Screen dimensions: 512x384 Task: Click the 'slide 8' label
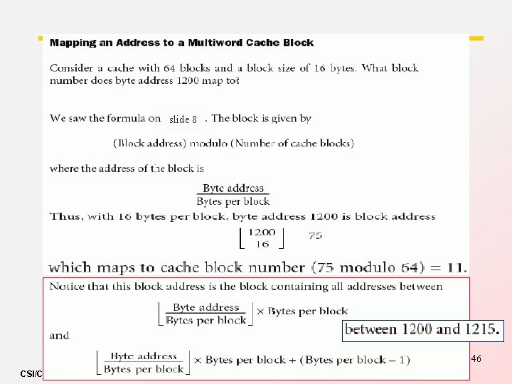(x=183, y=119)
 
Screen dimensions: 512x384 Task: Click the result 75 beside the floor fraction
(x=315, y=235)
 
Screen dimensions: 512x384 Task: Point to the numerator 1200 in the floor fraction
(x=262, y=232)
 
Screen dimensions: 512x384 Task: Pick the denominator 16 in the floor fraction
(x=262, y=244)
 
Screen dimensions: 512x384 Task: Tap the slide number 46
(x=476, y=359)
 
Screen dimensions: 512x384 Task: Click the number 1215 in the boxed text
(x=479, y=329)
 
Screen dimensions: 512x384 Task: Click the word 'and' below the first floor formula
(x=59, y=335)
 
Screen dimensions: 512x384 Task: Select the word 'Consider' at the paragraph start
(x=73, y=68)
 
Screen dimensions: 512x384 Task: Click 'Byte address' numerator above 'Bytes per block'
(x=233, y=188)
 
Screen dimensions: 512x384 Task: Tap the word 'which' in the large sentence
(x=70, y=267)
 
